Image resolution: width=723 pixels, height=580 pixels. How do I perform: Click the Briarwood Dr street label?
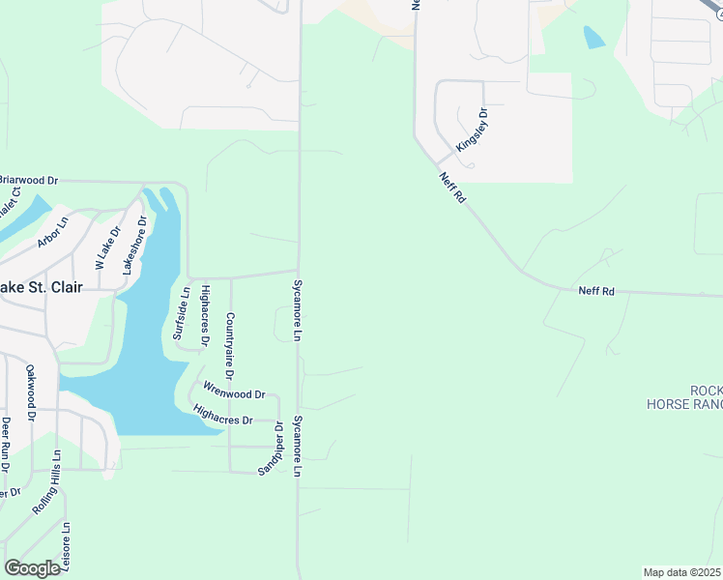coord(29,180)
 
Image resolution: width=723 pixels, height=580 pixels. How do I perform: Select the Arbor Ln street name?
coord(53,232)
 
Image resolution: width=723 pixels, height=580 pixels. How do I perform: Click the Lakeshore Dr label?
coord(133,246)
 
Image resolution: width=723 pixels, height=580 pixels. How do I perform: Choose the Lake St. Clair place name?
coord(41,287)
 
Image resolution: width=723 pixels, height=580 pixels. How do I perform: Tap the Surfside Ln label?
coord(179,313)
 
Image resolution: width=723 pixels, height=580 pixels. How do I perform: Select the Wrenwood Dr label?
coord(234,393)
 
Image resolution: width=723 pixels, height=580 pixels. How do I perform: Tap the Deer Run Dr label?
coord(6,445)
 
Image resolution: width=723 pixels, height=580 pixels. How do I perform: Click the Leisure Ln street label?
coord(67,547)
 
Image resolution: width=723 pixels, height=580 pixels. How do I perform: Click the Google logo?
coord(31,568)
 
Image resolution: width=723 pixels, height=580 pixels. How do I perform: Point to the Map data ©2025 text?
coord(681,572)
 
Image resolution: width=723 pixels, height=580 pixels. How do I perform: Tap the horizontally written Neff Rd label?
coord(596,290)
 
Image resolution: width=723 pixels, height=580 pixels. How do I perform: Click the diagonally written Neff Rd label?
coord(452,187)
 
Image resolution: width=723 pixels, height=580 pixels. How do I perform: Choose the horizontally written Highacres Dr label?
coord(222,420)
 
